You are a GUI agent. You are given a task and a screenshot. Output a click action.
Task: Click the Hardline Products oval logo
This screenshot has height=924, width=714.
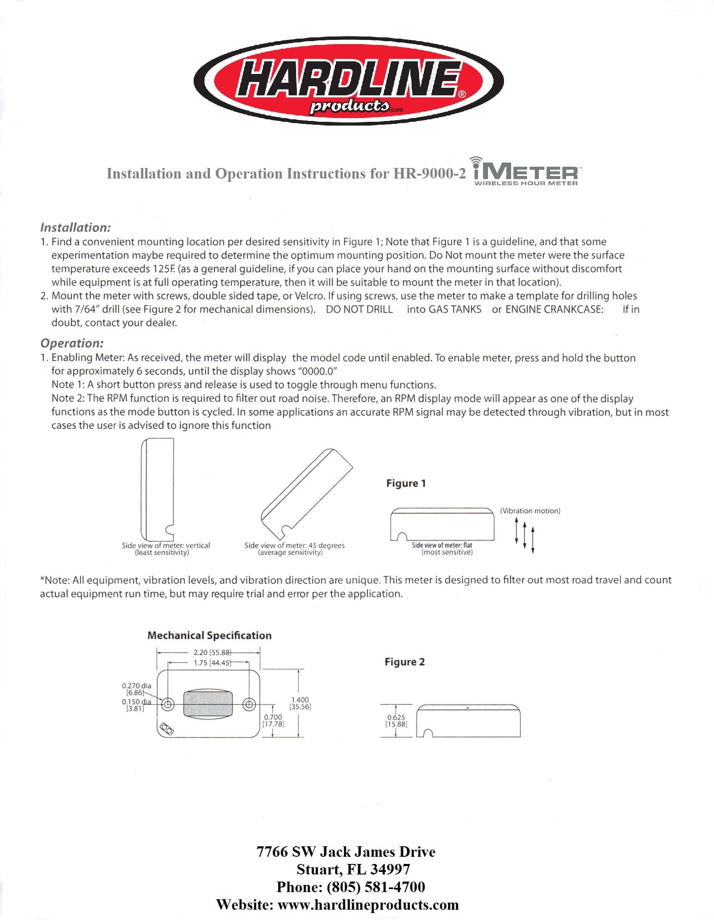click(349, 81)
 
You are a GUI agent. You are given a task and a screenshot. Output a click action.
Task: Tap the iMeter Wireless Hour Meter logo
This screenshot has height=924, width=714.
click(526, 172)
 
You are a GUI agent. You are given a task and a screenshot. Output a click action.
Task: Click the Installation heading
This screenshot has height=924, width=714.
click(75, 228)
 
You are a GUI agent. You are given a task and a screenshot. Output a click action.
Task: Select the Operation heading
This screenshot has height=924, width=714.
click(72, 343)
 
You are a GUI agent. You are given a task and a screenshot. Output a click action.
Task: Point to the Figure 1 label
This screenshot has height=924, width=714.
click(406, 483)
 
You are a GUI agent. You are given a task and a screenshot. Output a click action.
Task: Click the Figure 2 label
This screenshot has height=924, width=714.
click(404, 661)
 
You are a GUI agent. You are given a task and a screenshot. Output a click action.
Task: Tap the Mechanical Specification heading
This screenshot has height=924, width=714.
click(210, 635)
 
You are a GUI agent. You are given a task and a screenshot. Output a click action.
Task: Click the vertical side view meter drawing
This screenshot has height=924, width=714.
click(157, 489)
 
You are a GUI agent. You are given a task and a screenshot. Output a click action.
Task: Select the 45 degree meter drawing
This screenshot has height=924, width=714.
click(306, 493)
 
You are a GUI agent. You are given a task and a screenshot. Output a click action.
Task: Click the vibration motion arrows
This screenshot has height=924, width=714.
click(525, 535)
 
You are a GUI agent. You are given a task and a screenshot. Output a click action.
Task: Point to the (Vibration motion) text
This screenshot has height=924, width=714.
click(530, 511)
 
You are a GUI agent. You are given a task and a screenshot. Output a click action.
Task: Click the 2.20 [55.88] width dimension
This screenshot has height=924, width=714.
click(213, 652)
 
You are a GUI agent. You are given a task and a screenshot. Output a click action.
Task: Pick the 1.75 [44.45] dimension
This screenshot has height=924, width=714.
click(213, 662)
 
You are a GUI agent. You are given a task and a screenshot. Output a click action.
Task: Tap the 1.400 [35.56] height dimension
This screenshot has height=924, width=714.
click(300, 703)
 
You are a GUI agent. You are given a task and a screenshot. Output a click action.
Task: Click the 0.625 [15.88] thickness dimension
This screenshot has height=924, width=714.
click(396, 720)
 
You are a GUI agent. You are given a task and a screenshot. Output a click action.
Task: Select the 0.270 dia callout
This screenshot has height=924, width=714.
click(136, 685)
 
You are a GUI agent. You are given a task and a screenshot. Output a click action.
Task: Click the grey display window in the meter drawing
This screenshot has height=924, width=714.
click(208, 704)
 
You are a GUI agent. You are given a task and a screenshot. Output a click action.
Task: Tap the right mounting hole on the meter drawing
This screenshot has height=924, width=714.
click(249, 704)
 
